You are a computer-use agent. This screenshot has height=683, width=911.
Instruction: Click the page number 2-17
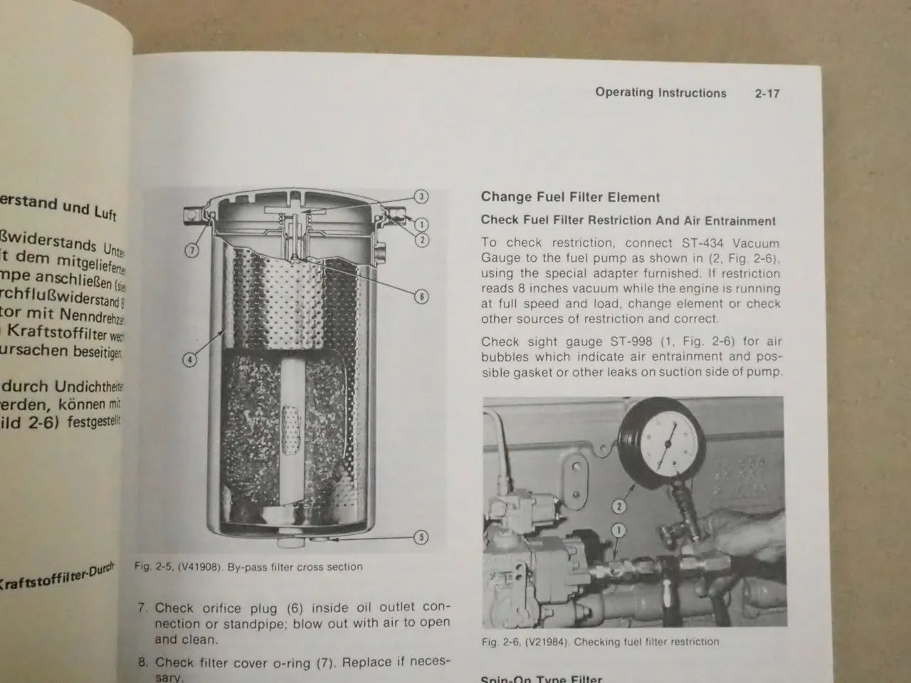767,93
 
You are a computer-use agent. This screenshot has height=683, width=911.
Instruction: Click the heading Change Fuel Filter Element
570,197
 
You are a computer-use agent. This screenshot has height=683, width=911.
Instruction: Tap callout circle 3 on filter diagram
421,196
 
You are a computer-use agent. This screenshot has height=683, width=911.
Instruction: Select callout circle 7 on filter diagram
192,250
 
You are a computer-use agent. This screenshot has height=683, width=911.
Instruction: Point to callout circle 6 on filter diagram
421,296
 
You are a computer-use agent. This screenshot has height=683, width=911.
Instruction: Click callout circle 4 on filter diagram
189,360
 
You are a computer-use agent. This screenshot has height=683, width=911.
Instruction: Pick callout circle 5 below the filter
421,537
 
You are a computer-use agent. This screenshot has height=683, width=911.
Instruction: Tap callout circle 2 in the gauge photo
618,507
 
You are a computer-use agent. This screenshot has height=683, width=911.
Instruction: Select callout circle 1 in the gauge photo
618,530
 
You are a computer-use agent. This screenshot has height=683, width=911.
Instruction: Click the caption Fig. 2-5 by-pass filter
248,567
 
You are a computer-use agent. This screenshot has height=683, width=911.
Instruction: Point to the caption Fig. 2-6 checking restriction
600,642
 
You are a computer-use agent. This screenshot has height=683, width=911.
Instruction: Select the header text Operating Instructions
660,92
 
